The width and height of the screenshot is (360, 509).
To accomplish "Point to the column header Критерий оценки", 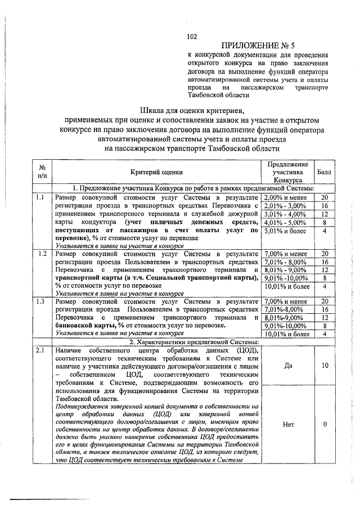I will point(156,172).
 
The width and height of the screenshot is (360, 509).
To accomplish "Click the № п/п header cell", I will point(42,172).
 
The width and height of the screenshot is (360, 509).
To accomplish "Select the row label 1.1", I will point(40,197).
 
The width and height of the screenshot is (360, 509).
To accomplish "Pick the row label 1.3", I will point(40,301).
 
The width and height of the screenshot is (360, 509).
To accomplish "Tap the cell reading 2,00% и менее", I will point(286,197).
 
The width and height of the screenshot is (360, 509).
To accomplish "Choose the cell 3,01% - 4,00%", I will point(286,214).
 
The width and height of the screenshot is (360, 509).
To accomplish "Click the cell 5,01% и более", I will point(286,230).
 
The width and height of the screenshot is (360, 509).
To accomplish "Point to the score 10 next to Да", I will point(325,366).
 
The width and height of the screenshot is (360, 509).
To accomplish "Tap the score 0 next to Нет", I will point(325,424).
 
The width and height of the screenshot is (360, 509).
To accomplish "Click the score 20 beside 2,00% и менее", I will point(325,197).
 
